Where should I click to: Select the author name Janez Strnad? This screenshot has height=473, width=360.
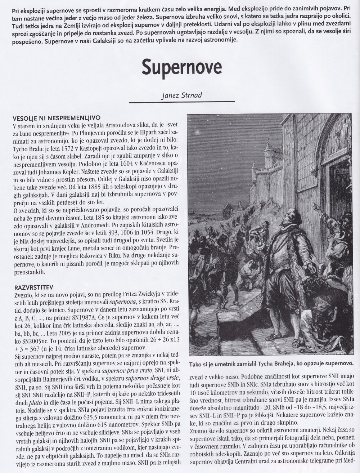tap(180, 96)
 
